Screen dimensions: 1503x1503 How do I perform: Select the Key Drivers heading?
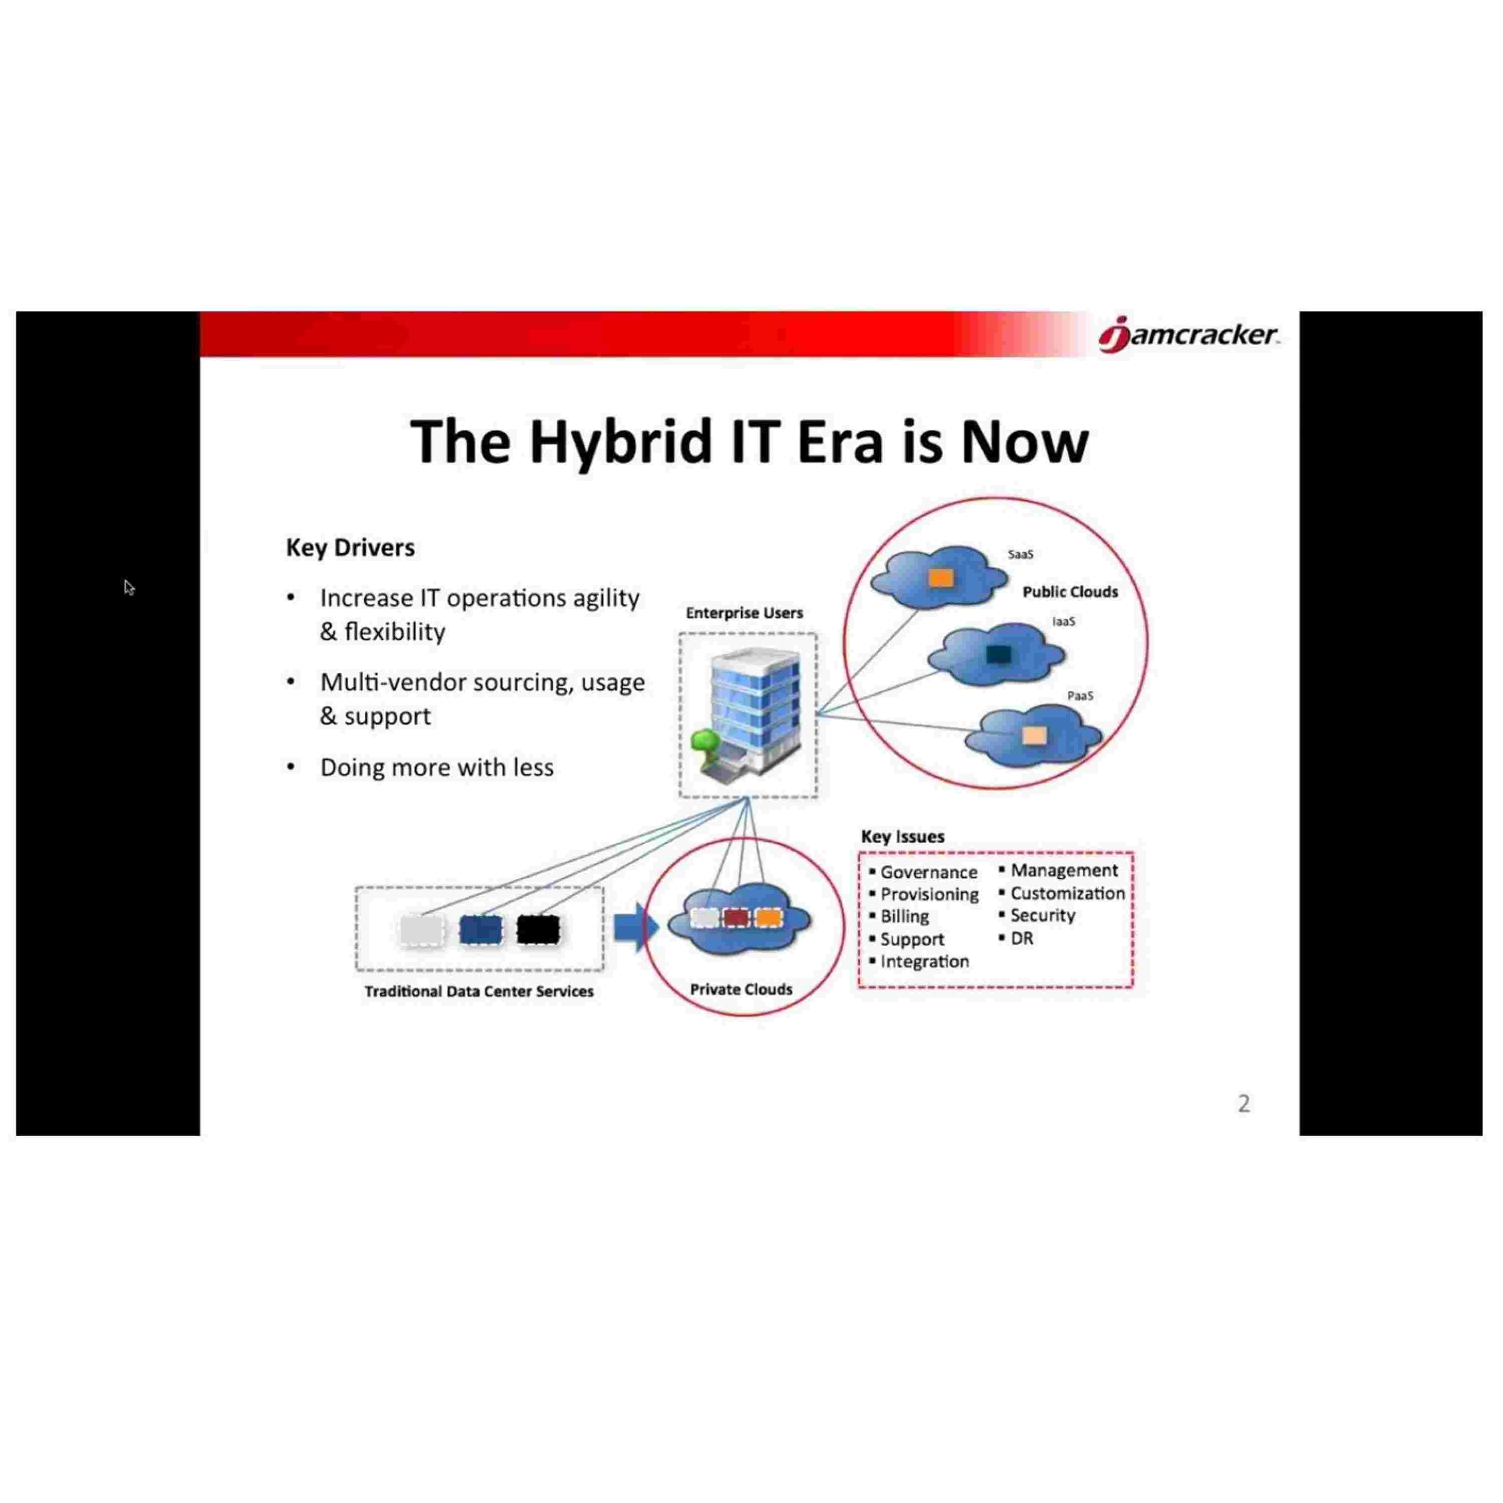tap(350, 548)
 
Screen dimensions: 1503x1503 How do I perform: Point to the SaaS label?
tap(1020, 555)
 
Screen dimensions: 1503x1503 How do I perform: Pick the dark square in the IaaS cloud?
tap(998, 654)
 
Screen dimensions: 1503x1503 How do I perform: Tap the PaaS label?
tap(1080, 695)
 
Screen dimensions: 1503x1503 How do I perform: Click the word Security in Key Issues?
tap(1043, 916)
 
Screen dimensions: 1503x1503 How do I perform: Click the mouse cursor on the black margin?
tap(129, 588)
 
